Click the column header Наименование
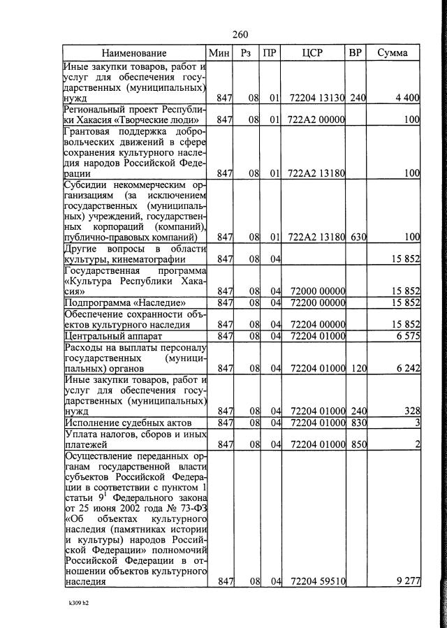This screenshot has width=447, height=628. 134,53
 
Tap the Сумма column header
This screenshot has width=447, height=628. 393,53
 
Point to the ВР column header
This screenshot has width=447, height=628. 356,53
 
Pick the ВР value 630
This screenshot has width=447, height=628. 358,237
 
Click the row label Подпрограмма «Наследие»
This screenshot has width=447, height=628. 126,302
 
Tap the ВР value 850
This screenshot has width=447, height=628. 358,444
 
